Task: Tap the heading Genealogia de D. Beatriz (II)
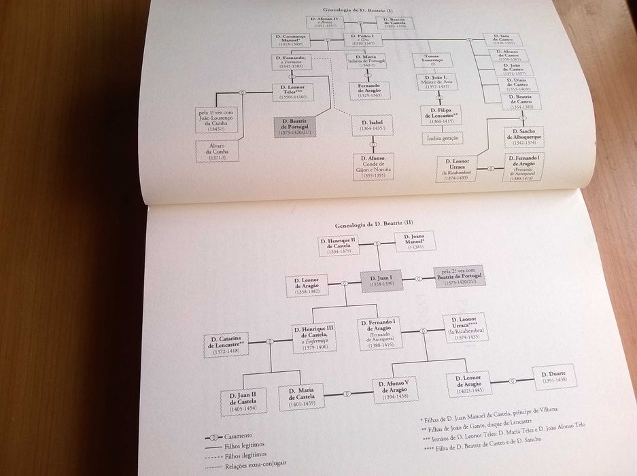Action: tap(360, 224)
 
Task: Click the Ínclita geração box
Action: tap(442, 138)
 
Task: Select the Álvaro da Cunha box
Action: tap(216, 151)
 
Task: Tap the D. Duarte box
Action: tap(554, 375)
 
